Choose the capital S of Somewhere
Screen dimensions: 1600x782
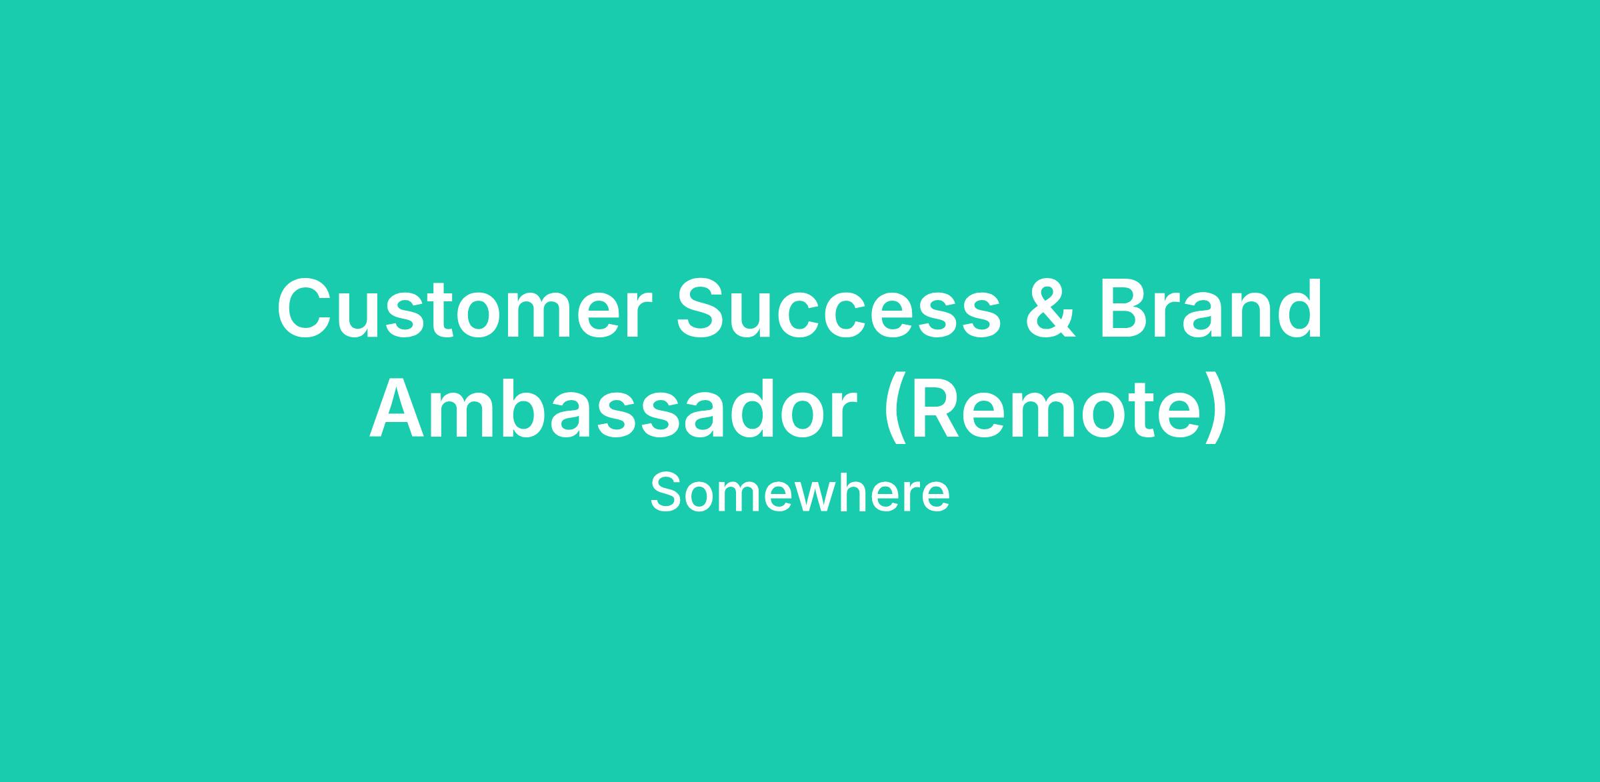[666, 493]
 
